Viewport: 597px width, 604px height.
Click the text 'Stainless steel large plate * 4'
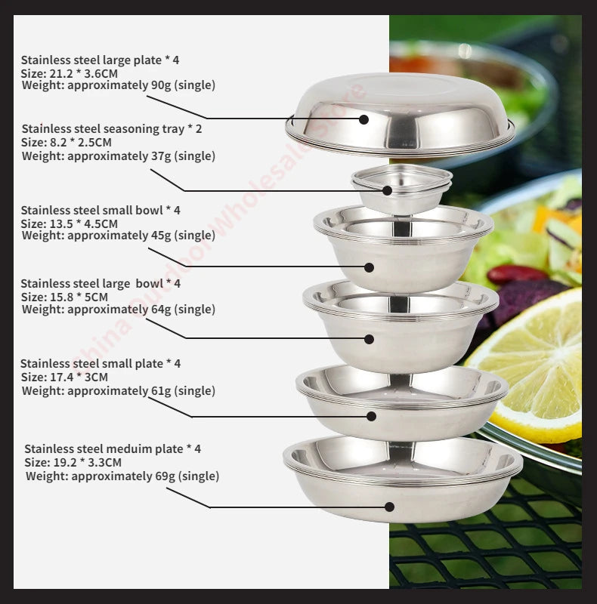click(100, 60)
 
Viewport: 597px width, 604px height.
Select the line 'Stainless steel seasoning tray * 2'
click(112, 129)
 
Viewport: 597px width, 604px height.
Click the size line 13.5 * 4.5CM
click(69, 223)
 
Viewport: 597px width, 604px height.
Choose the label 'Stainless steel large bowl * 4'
click(101, 284)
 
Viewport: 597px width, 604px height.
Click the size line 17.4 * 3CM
click(64, 377)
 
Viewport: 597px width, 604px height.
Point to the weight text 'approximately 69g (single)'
click(144, 476)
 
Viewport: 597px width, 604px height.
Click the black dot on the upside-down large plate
click(363, 119)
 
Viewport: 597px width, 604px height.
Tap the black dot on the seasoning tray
click(387, 191)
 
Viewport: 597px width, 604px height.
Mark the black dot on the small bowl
click(369, 267)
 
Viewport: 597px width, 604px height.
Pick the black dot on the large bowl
click(369, 339)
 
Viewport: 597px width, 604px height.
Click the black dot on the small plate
click(371, 415)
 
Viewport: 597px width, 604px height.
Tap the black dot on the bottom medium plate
click(389, 507)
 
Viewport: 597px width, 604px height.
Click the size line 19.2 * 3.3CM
click(73, 463)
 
